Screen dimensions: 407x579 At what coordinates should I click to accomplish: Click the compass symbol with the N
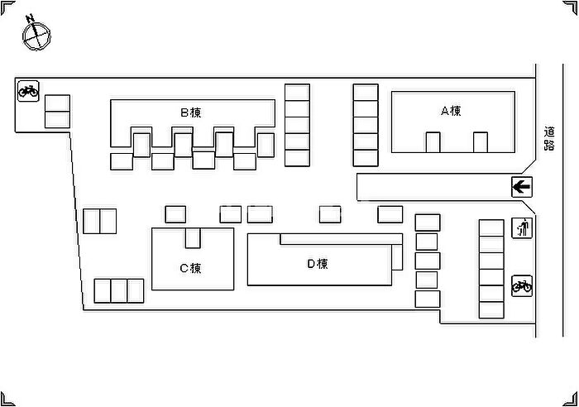(36, 34)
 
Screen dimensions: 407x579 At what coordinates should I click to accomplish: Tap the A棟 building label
(450, 110)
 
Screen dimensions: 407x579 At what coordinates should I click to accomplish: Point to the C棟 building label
(190, 267)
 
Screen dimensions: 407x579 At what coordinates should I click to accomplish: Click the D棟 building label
(318, 264)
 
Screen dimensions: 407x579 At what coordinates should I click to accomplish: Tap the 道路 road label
(548, 137)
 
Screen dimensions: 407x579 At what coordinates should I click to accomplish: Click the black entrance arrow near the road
(521, 187)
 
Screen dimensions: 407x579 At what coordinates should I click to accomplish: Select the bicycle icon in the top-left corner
(27, 89)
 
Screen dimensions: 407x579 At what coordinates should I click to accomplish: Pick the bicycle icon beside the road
(521, 286)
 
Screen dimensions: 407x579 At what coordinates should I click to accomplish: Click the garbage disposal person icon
(521, 228)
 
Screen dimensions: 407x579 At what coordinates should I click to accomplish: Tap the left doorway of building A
(433, 142)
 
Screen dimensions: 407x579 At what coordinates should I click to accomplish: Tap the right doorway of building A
(481, 142)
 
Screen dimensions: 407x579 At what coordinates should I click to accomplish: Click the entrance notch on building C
(193, 237)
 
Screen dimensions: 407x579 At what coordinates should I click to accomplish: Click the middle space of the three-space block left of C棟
(119, 290)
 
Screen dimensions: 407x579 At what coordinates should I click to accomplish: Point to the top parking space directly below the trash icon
(490, 228)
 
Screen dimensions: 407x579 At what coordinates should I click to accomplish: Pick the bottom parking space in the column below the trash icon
(490, 309)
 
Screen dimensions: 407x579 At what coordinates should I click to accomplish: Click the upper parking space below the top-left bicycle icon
(57, 103)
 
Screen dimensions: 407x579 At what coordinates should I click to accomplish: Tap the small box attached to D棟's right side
(397, 257)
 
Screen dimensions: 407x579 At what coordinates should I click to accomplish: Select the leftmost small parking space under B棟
(121, 160)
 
